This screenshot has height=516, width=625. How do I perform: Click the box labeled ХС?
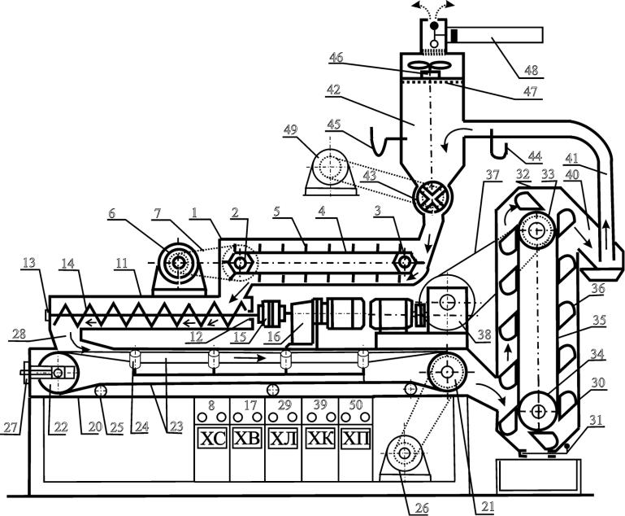tap(212, 438)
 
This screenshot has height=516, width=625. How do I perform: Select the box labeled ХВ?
tap(247, 438)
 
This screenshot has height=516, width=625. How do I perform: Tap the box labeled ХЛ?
tap(283, 438)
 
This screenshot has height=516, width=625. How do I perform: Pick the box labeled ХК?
tap(320, 438)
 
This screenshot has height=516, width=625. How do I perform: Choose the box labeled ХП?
tap(356, 438)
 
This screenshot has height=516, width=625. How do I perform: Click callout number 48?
tap(532, 70)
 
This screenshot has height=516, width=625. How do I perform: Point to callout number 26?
tap(421, 508)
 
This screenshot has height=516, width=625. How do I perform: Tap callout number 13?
tap(28, 263)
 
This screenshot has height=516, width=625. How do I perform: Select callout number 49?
tap(291, 129)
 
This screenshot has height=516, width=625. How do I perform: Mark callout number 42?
tap(333, 89)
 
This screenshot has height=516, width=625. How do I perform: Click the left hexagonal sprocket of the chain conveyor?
tap(239, 263)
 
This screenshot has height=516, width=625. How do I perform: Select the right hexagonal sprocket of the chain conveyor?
tap(405, 263)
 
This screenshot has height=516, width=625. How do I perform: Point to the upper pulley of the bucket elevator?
tap(537, 230)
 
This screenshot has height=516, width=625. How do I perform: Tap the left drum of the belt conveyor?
tap(59, 373)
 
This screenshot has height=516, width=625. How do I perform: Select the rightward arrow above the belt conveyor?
tap(250, 358)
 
